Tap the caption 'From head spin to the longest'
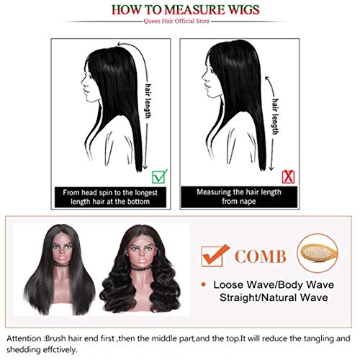[111, 193]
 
